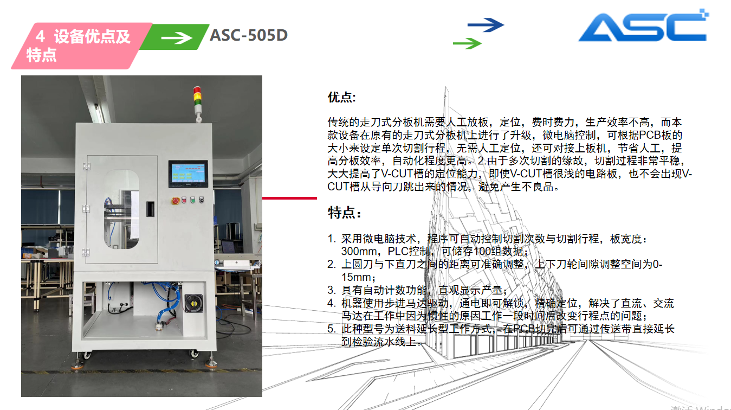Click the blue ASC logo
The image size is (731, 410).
(643, 25)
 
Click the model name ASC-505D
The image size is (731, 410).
(248, 35)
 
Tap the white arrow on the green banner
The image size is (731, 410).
(177, 38)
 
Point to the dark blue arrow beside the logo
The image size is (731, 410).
(486, 25)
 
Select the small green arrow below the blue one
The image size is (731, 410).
(467, 43)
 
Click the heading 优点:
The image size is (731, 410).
(342, 97)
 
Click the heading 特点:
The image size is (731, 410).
(344, 213)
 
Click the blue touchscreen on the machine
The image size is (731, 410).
(188, 174)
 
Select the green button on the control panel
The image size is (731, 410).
(192, 200)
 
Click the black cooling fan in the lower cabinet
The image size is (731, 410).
(194, 303)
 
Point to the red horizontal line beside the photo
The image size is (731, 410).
(289, 198)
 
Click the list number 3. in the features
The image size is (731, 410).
(332, 290)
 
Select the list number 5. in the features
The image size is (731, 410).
(332, 329)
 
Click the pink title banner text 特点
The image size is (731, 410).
(41, 55)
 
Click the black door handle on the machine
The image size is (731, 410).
(150, 209)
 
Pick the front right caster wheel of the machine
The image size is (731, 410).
(195, 353)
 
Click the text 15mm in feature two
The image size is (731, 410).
(357, 277)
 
